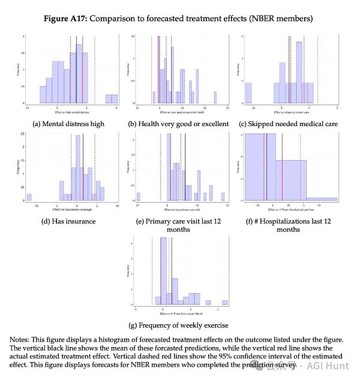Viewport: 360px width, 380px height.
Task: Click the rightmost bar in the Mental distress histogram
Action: tap(112, 98)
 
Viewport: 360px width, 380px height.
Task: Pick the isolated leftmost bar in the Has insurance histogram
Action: tap(29, 197)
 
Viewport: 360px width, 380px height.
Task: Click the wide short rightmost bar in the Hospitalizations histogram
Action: tap(321, 199)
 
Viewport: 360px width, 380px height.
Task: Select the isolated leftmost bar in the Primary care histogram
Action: tap(139, 196)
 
